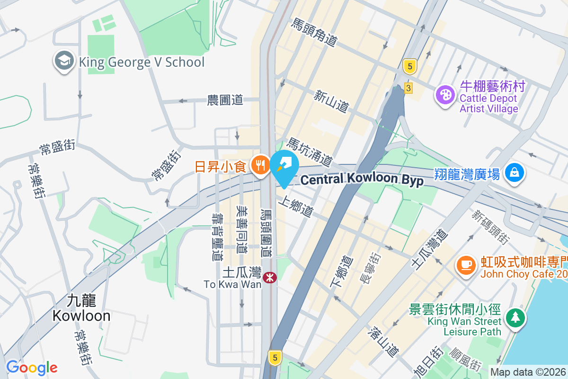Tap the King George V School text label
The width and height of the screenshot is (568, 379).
coord(142,62)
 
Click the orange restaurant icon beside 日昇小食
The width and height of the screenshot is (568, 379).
coord(259,165)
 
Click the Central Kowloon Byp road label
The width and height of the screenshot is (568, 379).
coord(362,180)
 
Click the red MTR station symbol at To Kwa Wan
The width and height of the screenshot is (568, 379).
coord(270,277)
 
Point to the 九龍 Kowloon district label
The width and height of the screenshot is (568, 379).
coord(81,307)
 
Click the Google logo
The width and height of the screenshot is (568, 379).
coord(32,367)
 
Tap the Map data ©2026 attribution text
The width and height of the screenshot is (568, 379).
coord(528,372)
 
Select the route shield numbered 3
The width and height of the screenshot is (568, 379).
coord(408,88)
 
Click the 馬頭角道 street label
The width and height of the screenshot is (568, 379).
coord(314,32)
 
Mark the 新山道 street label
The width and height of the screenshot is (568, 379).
coord(331,101)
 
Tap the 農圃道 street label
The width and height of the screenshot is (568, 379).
coord(225,100)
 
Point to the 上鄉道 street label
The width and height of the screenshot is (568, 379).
coord(296,207)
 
